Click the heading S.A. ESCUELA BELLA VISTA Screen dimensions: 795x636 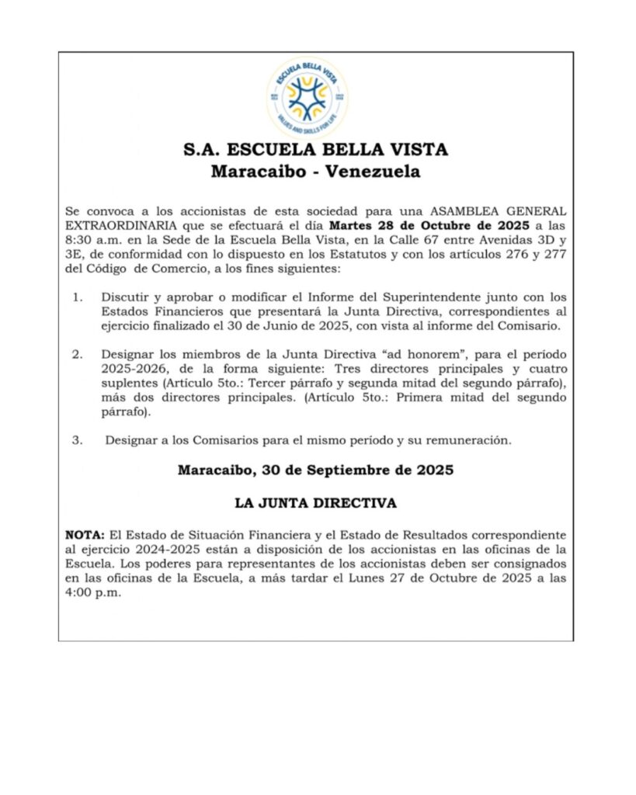tap(315, 150)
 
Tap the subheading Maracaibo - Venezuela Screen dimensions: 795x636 tap(315, 172)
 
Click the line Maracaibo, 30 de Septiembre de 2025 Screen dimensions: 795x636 tap(315, 470)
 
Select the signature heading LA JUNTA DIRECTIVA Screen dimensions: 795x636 tap(315, 503)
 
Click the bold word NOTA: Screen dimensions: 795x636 tap(84, 536)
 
